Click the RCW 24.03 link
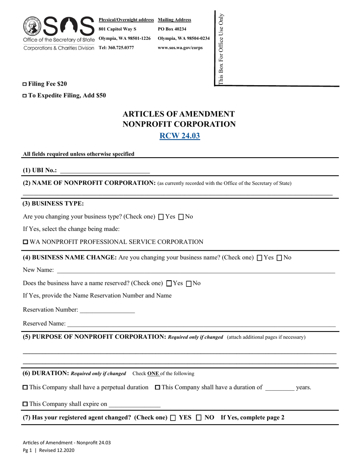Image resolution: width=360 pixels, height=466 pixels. coord(180,136)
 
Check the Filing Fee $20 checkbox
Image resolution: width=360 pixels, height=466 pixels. coord(25,84)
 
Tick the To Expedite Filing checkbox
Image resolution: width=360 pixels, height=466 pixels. coord(25,96)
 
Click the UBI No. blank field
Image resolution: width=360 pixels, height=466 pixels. coord(105,171)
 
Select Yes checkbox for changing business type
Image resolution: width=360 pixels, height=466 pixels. coord(161,217)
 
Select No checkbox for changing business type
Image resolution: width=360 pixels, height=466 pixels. coord(181,217)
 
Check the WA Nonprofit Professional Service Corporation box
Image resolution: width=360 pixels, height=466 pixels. coord(26,242)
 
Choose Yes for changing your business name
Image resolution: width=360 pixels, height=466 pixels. coord(260,258)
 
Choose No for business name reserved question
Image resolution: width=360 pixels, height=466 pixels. coord(189,283)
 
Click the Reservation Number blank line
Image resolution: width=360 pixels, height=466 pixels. coord(107,310)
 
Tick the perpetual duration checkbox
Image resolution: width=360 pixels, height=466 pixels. coord(25,388)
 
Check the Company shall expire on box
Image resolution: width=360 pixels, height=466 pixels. coord(25,404)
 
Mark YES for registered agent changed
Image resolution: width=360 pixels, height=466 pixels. coord(173,418)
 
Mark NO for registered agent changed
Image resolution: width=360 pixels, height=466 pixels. coord(199,418)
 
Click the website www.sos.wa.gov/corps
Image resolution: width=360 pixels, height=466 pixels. coord(180,48)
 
